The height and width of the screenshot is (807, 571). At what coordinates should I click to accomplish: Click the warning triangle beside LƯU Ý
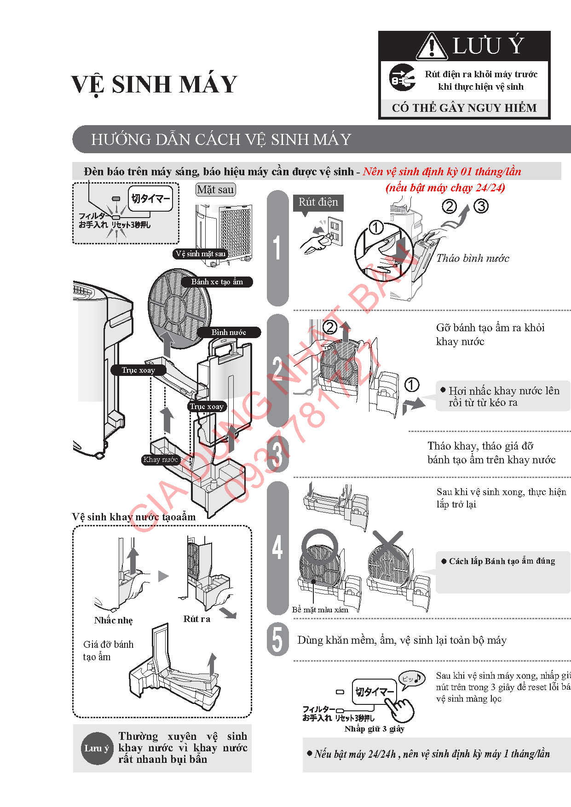click(x=432, y=46)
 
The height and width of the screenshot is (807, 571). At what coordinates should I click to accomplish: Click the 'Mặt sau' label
click(x=215, y=190)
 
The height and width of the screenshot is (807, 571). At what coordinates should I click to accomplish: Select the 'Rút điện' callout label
click(x=318, y=202)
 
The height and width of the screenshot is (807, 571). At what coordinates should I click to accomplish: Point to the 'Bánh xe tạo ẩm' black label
click(x=217, y=282)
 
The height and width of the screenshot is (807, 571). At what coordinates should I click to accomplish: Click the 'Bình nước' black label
click(x=229, y=332)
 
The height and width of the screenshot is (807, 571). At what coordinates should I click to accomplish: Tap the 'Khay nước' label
click(x=160, y=459)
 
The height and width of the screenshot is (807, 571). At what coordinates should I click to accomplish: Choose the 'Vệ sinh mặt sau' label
click(x=201, y=254)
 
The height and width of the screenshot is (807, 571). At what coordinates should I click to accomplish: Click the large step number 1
click(x=277, y=248)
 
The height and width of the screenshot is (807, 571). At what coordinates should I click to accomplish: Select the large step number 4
click(x=277, y=548)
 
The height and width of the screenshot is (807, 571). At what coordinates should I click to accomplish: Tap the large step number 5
click(x=277, y=640)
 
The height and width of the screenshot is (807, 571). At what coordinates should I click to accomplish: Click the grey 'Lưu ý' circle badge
click(x=97, y=748)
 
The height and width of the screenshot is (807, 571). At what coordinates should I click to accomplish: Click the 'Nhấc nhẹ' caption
click(x=113, y=620)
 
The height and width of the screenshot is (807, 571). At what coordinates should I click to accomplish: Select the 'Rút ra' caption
click(x=196, y=619)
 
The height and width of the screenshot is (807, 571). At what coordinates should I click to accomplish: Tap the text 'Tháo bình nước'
click(x=473, y=258)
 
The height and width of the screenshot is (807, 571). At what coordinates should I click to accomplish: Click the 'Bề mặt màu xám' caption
click(x=320, y=610)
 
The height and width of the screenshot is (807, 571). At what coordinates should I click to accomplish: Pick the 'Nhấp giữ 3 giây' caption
click(x=374, y=729)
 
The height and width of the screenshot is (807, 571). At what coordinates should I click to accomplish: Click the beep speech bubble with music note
click(x=411, y=679)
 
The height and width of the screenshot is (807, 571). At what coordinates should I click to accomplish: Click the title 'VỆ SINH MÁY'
click(x=154, y=85)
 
